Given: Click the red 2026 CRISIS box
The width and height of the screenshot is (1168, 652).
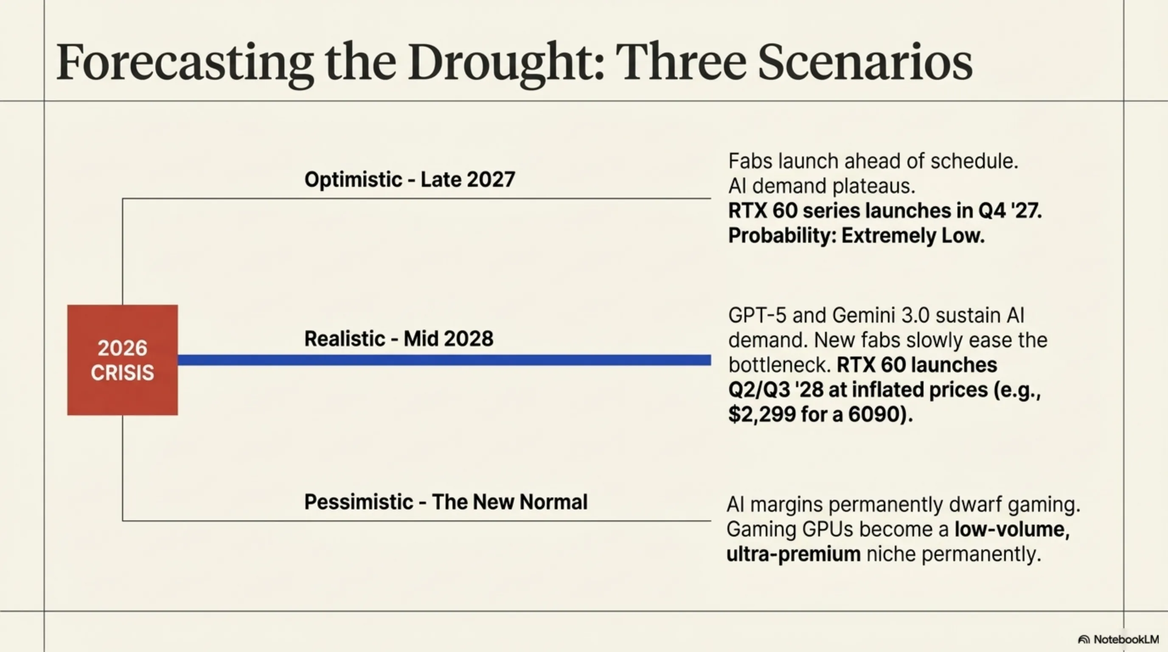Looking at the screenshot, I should click(122, 360).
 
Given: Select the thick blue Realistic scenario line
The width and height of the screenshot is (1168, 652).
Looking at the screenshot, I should click(444, 360).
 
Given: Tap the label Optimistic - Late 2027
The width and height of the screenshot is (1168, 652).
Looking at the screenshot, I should click(410, 180).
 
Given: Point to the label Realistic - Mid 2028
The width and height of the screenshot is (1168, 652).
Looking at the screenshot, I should click(399, 339).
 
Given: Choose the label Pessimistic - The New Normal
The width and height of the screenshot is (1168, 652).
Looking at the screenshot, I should click(446, 502).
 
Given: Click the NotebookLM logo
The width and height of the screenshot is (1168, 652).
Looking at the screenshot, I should click(1118, 639).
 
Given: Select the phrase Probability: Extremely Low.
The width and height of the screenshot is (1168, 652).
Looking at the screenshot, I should click(856, 236).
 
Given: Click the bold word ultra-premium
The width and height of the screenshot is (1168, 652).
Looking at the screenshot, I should click(794, 554).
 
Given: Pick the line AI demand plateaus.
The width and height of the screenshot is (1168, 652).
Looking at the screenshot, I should click(822, 186).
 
